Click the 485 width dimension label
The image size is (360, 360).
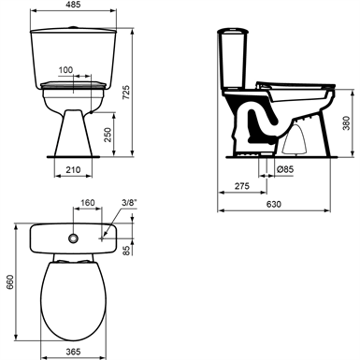[74, 5]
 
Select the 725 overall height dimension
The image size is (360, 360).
[126, 93]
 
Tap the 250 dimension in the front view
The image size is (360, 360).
[108, 135]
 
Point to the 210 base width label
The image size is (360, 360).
[73, 170]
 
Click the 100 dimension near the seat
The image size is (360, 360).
[65, 70]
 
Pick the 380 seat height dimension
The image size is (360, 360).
[346, 123]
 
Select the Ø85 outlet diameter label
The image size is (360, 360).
[285, 169]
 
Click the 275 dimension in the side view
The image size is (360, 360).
[242, 186]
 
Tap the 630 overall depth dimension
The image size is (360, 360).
[274, 204]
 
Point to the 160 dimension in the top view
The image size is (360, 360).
[88, 203]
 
